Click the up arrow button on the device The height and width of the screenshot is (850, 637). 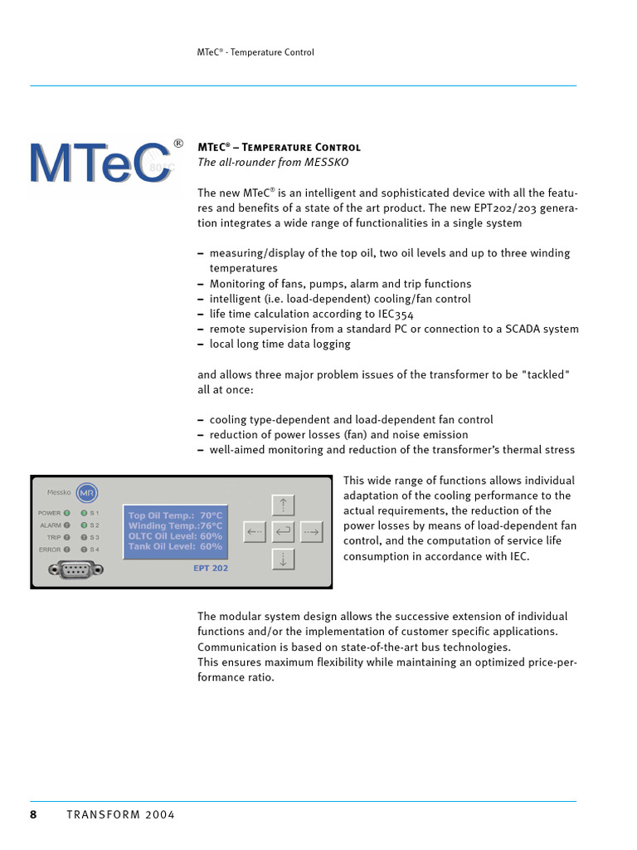coord(283,504)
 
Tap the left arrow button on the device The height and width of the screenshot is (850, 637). coord(255,531)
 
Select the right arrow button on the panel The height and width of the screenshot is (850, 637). coord(311,531)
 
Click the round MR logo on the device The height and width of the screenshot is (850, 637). coord(86,493)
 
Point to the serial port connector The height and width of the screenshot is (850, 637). coord(75,569)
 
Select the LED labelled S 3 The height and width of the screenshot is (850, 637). coord(84,537)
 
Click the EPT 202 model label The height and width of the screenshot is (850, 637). coord(210,569)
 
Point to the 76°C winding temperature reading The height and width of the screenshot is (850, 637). coord(211,525)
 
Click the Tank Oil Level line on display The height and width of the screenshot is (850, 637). coord(175,546)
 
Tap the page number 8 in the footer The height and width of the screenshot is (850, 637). coord(34,814)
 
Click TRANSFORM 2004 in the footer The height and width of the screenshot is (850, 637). coord(120,814)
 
